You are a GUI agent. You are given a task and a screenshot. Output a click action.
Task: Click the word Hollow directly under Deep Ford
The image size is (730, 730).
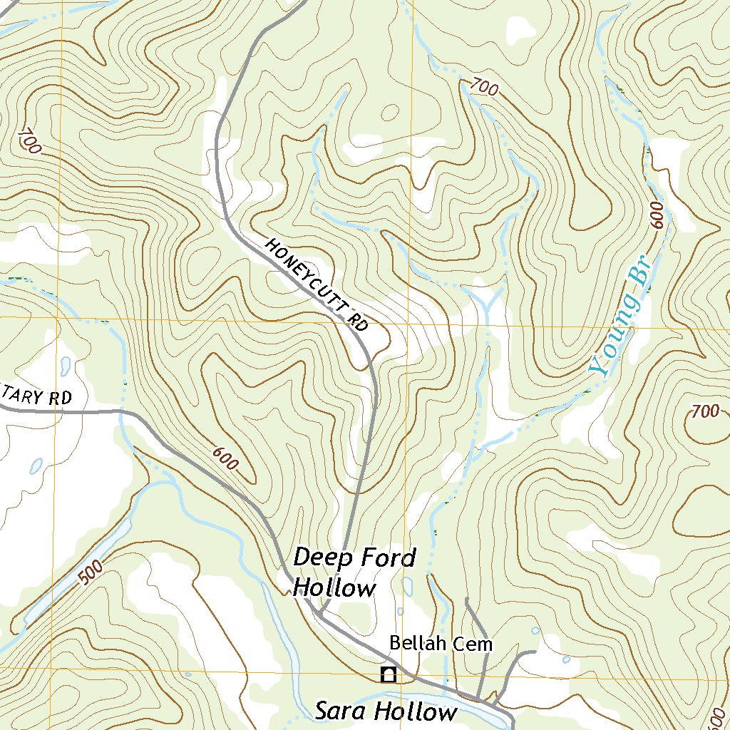pyautogui.click(x=334, y=588)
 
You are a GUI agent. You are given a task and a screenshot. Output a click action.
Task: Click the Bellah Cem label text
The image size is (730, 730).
pyautogui.click(x=441, y=644)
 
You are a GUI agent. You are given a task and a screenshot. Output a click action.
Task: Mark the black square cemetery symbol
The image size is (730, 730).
pyautogui.click(x=389, y=674)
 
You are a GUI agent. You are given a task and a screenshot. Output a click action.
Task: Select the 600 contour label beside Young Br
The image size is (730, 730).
pyautogui.click(x=657, y=215)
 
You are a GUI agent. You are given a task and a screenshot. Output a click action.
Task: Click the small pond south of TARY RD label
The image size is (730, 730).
pyautogui.click(x=36, y=466)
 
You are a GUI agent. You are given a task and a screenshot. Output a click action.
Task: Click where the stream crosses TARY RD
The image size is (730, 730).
pyautogui.click(x=122, y=411)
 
